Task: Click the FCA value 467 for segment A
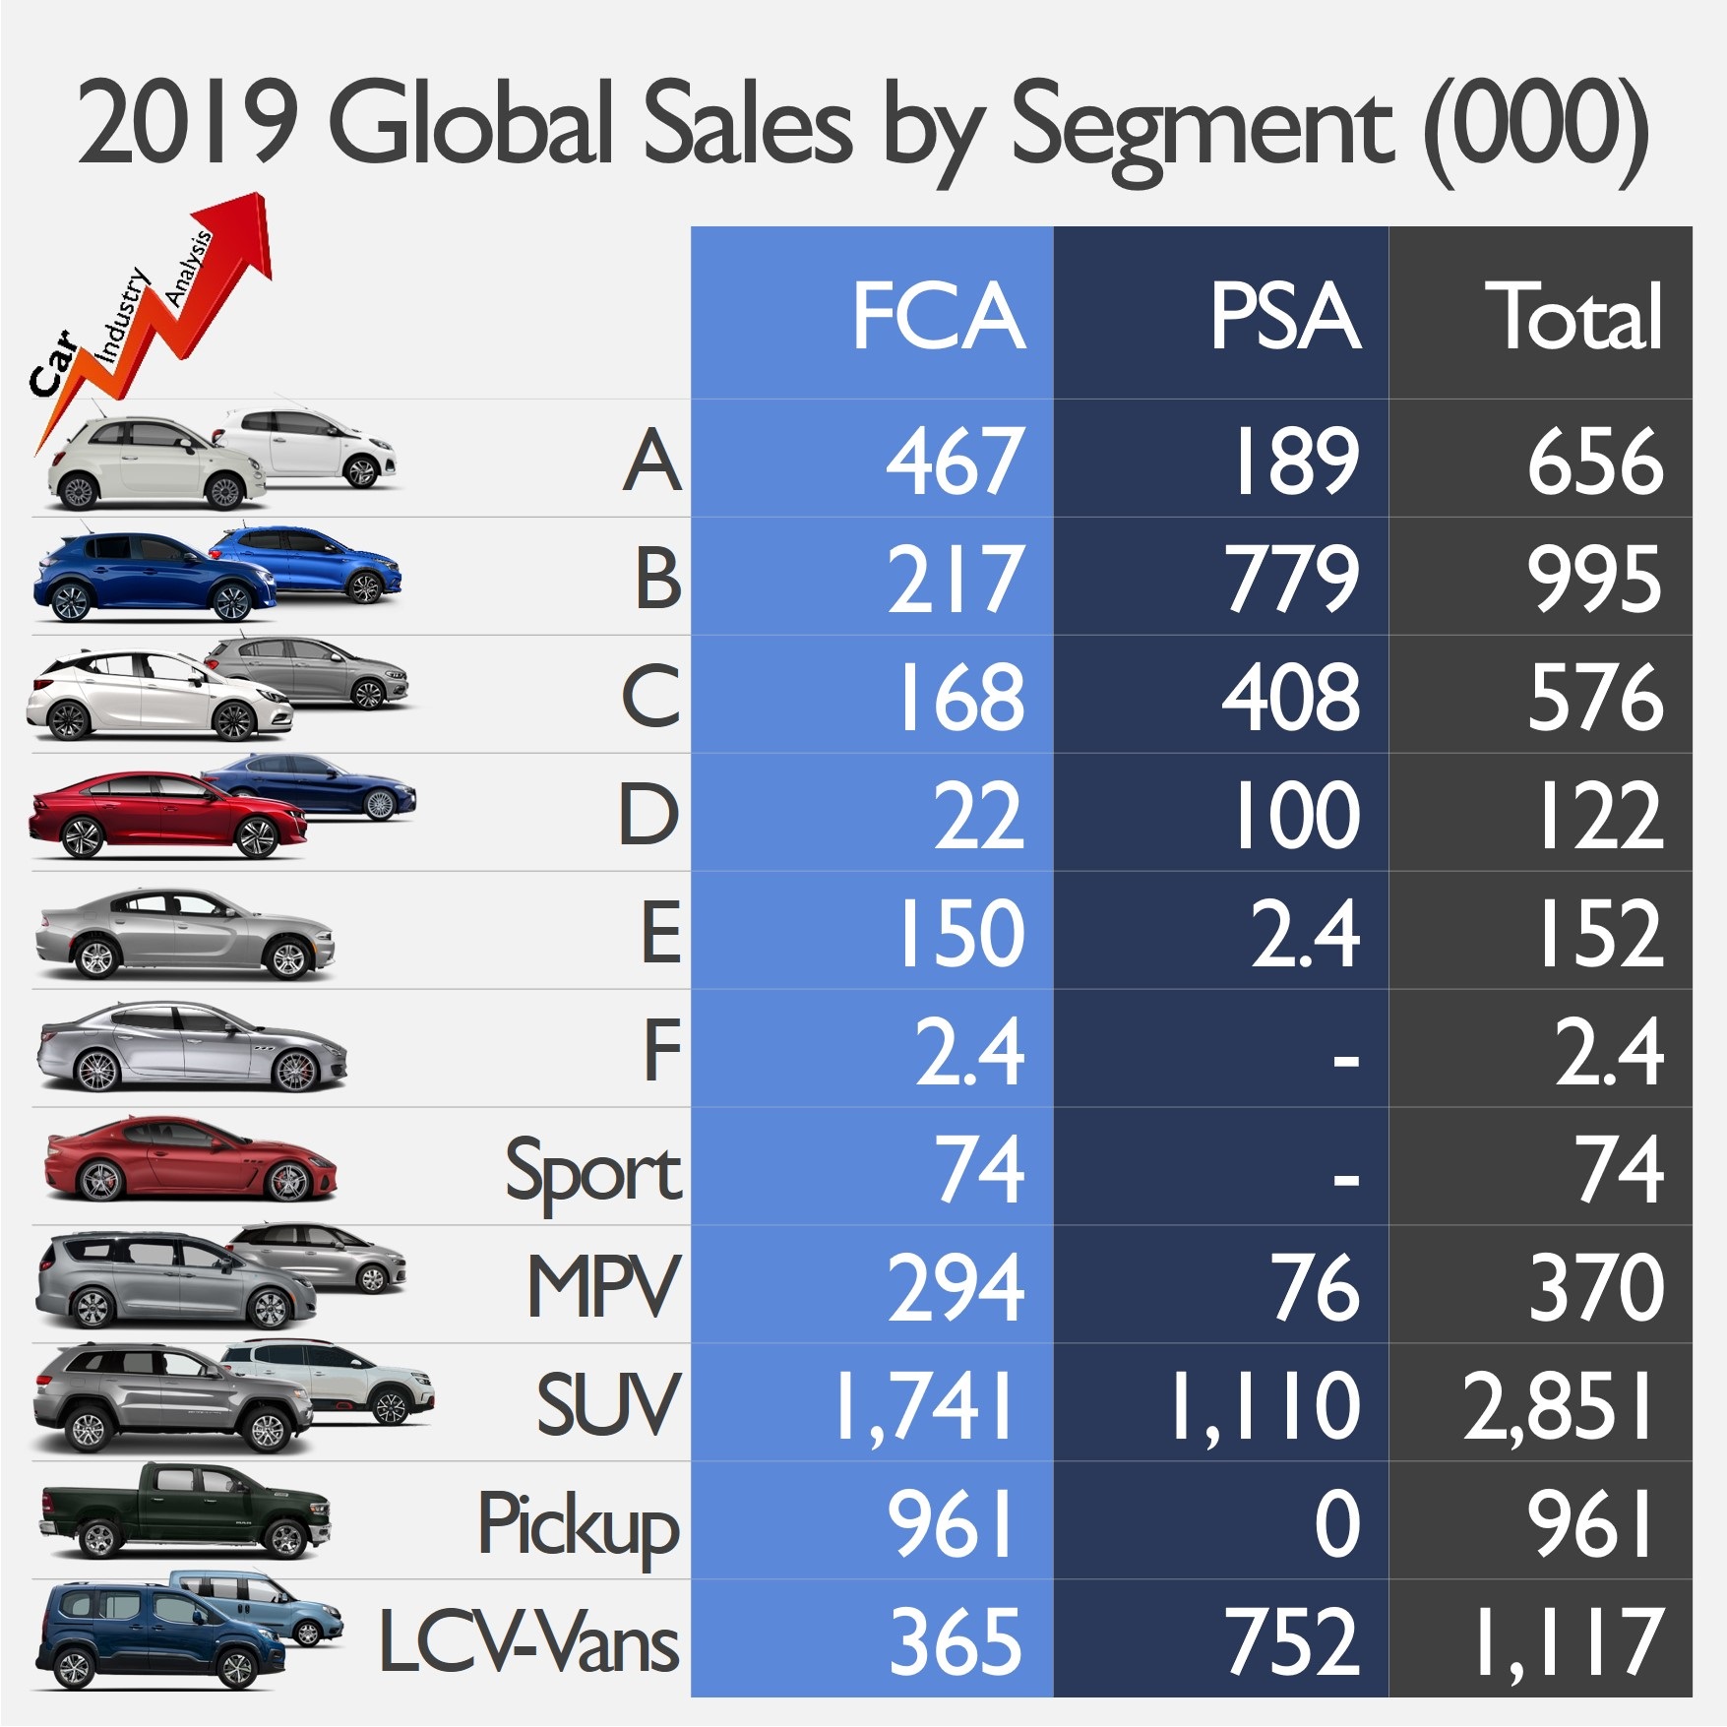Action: [955, 461]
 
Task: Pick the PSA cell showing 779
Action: [1291, 579]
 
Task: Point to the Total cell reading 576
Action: [1594, 697]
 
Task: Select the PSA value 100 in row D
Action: [1297, 815]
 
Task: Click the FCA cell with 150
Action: [959, 933]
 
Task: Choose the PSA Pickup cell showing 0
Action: [1336, 1524]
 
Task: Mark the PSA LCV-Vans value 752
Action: [1291, 1641]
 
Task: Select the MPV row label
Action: [602, 1287]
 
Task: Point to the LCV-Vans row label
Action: [528, 1641]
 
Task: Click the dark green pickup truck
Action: [185, 1511]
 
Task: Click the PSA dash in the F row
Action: [1345, 1060]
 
